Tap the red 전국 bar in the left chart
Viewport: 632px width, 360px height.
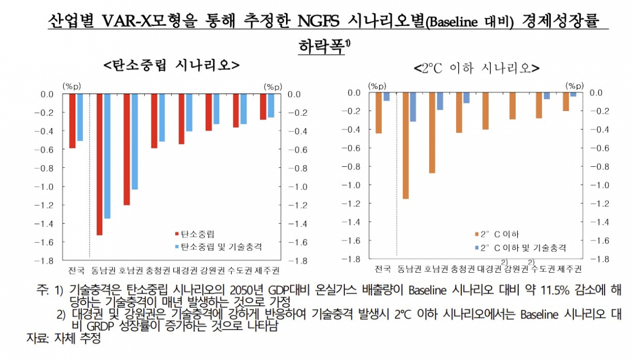tap(72, 121)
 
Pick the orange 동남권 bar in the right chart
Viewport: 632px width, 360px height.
tap(406, 145)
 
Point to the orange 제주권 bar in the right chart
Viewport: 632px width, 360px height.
tap(566, 102)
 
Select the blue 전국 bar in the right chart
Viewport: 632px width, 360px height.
tap(386, 97)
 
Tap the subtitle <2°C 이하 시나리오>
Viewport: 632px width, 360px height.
tap(476, 68)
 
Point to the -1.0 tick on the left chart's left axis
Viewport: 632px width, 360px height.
tap(47, 187)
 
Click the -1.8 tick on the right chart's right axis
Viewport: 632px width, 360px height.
tap(601, 259)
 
